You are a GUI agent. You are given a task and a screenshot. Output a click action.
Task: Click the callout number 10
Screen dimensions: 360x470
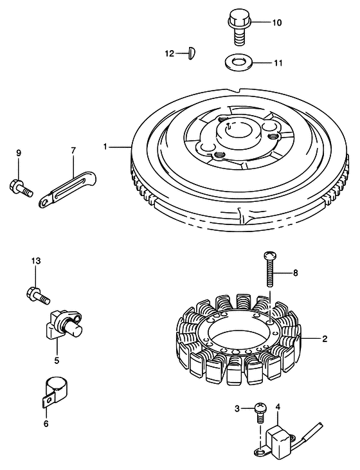pyautogui.click(x=276, y=23)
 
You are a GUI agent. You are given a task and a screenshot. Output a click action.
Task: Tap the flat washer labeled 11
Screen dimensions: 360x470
pyautogui.click(x=239, y=62)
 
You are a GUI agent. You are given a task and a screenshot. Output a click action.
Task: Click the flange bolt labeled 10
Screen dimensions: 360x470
pyautogui.click(x=239, y=28)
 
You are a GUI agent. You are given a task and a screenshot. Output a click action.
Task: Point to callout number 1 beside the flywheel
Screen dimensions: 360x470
pyautogui.click(x=105, y=147)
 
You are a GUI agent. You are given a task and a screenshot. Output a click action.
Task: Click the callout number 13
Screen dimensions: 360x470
pyautogui.click(x=35, y=261)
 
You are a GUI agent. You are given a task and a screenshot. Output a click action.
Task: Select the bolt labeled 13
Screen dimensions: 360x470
pyautogui.click(x=38, y=295)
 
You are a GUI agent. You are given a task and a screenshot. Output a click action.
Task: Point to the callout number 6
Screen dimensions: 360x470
pyautogui.click(x=46, y=424)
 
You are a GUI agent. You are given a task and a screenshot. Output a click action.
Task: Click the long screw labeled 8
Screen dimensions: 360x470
pyautogui.click(x=270, y=269)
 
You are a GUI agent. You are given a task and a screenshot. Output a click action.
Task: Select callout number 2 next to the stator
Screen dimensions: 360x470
pyautogui.click(x=325, y=339)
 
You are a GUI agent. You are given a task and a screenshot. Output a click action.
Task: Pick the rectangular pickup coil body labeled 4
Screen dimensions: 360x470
pyautogui.click(x=278, y=435)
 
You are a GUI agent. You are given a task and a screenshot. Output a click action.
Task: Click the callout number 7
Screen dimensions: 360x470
pyautogui.click(x=73, y=150)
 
